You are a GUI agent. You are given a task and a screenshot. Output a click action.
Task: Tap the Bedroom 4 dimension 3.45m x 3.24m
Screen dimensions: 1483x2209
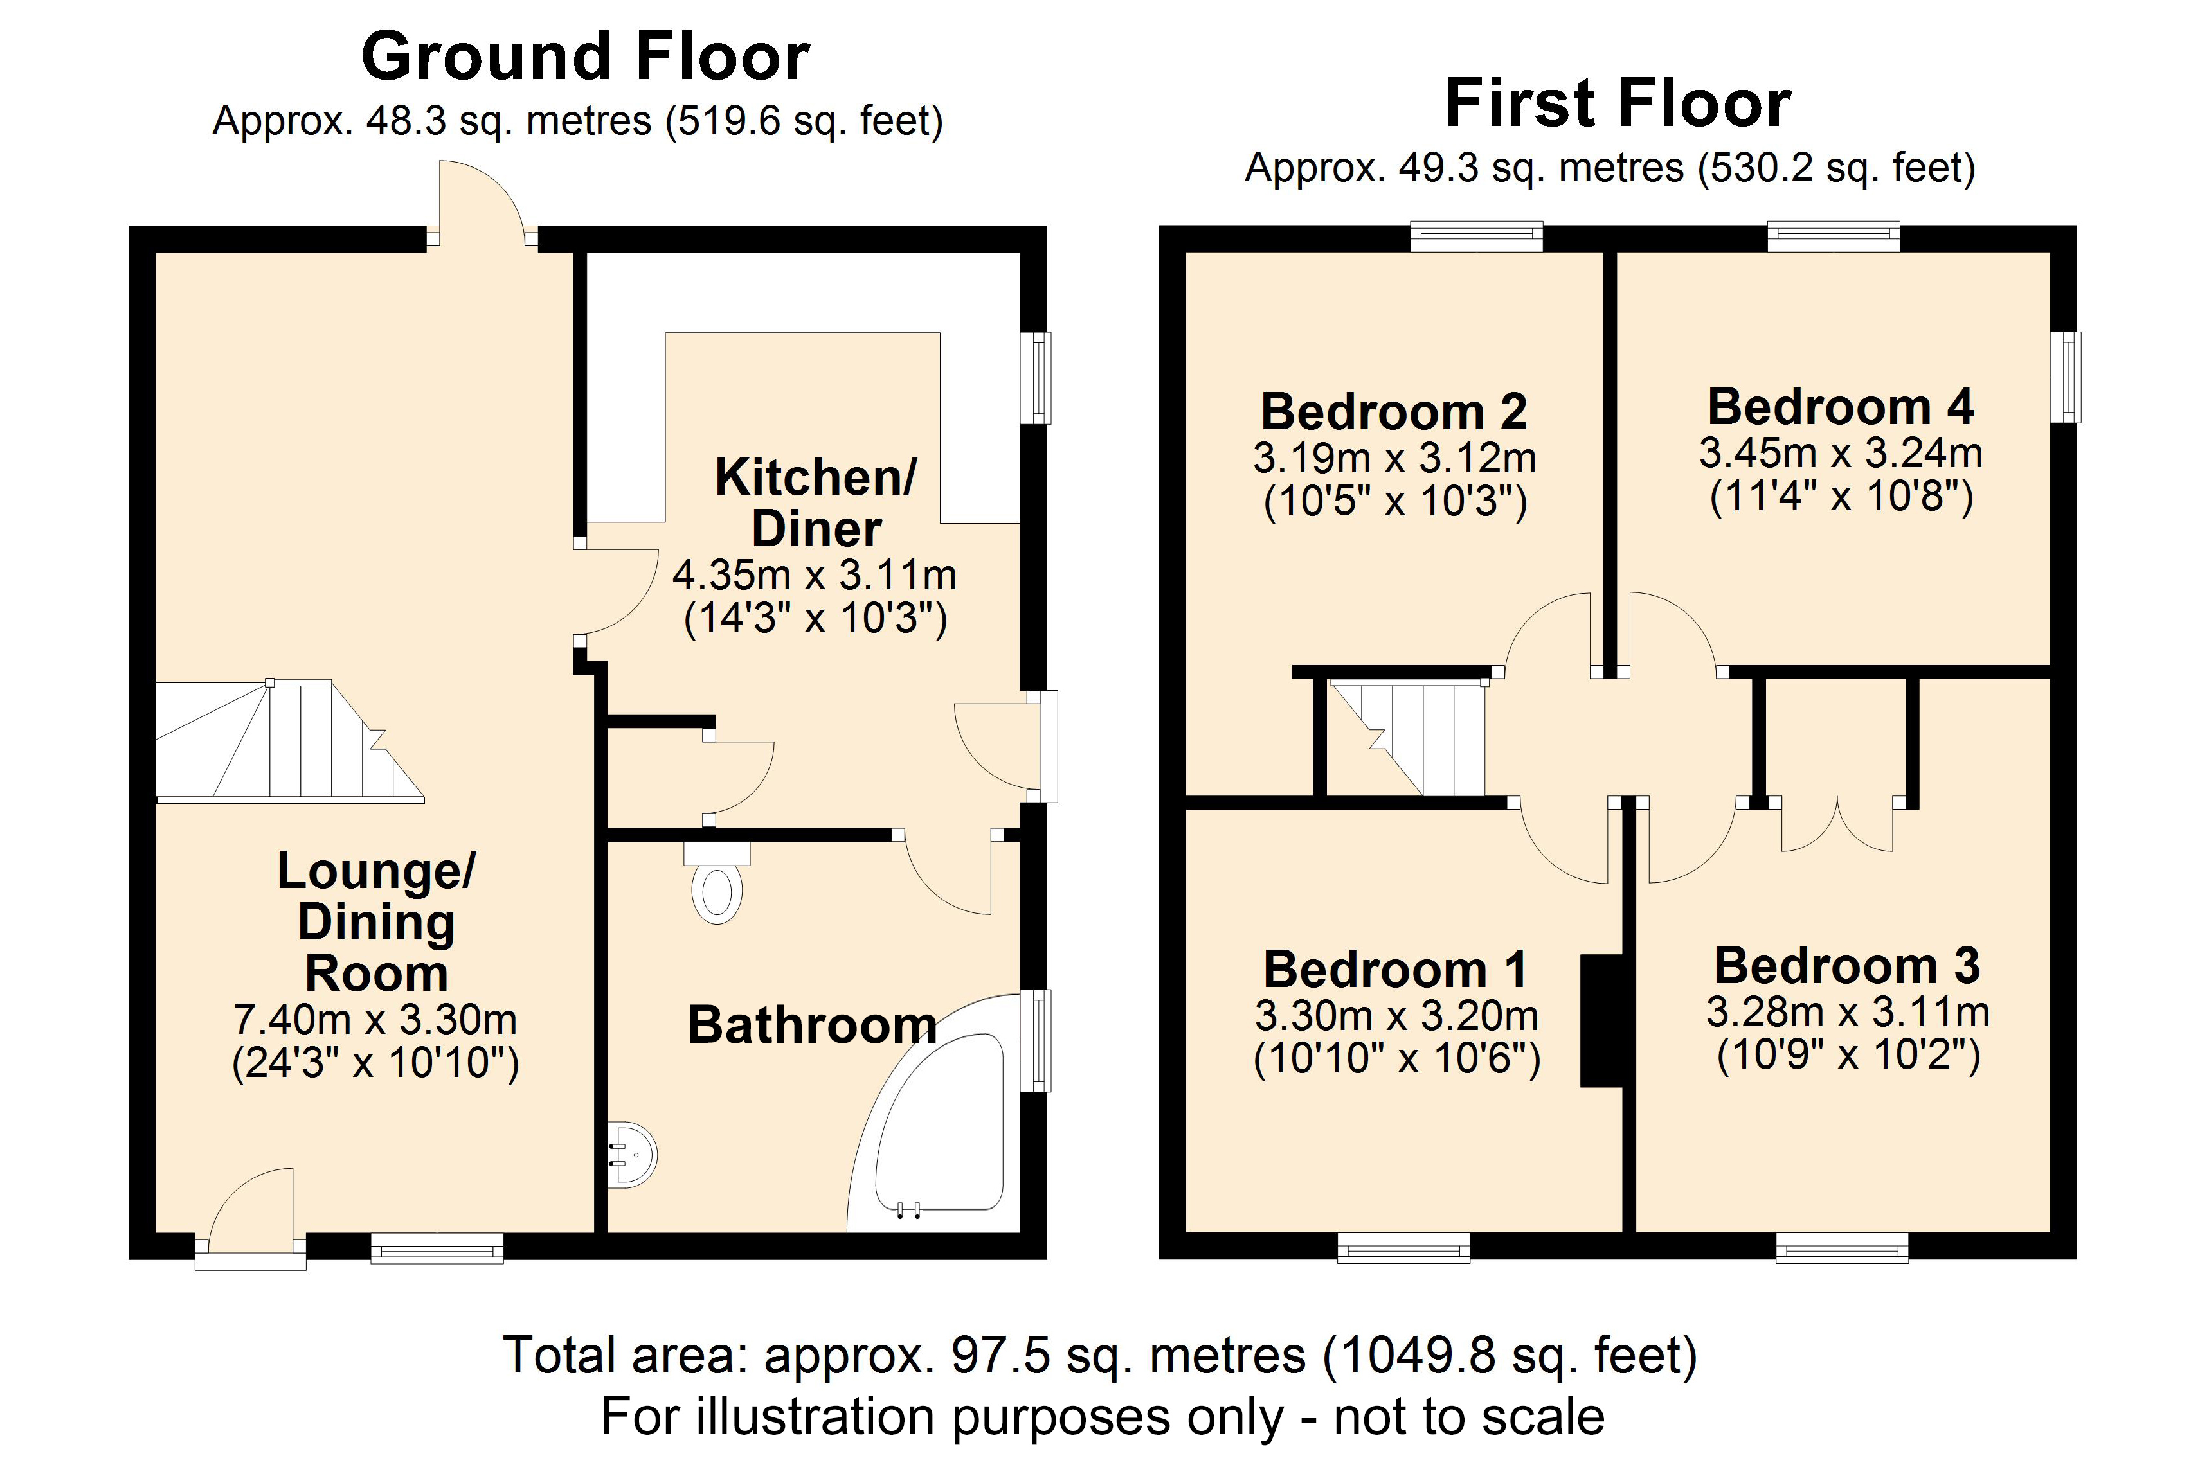1840,453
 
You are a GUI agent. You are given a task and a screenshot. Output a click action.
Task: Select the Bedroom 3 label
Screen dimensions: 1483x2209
1846,966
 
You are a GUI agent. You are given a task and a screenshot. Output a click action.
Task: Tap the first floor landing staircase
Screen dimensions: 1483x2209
1410,738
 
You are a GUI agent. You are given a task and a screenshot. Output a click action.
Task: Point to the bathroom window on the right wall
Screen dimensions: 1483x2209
1039,1040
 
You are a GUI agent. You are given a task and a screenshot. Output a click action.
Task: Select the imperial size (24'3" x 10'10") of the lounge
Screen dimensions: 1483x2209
375,1062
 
